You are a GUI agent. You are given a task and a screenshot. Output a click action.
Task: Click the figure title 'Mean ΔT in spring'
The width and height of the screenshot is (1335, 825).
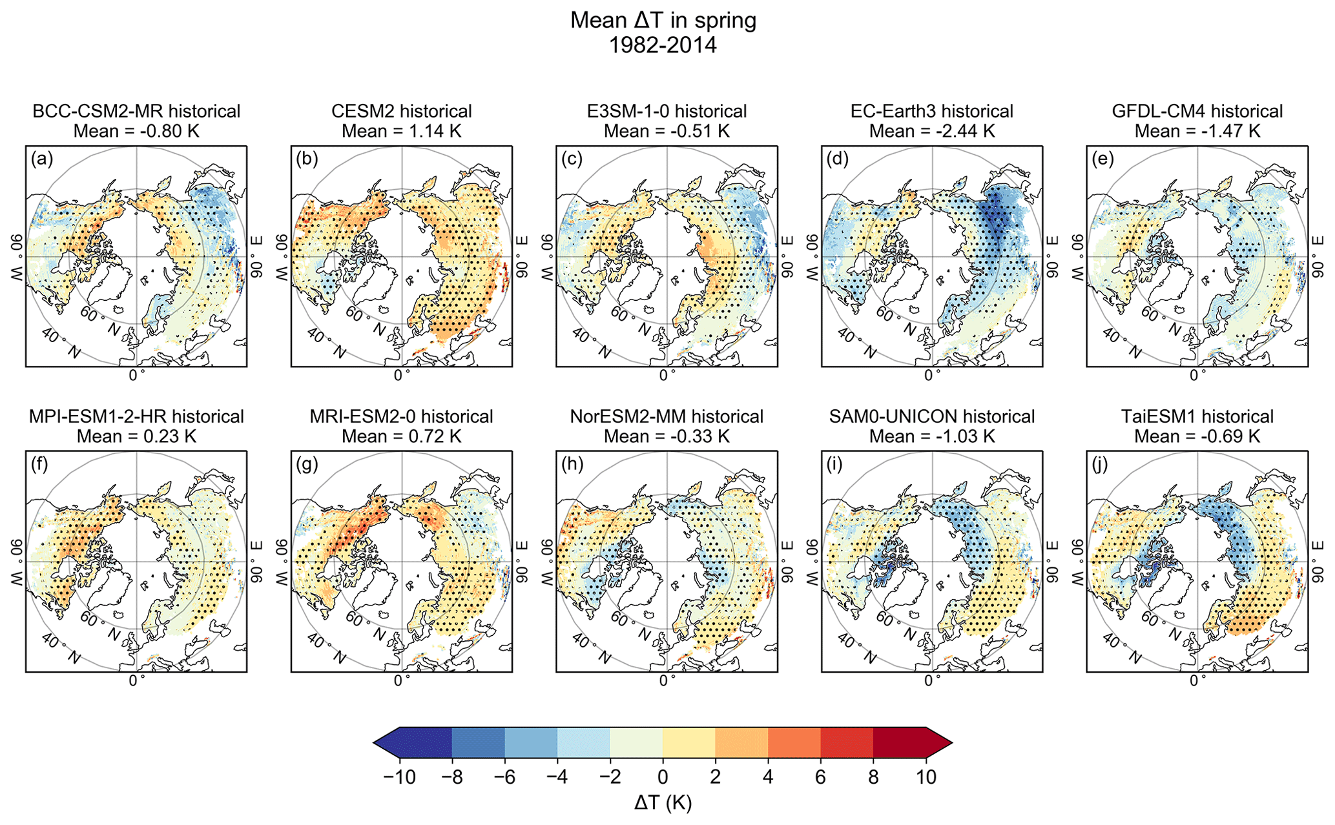(x=663, y=21)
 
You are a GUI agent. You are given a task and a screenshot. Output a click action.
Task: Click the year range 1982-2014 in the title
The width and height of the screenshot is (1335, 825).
(x=663, y=45)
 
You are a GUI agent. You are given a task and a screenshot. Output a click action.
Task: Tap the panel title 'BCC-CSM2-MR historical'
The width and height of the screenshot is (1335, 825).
(x=136, y=111)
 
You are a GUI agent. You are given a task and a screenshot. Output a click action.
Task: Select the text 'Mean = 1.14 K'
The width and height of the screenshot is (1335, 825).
(x=402, y=131)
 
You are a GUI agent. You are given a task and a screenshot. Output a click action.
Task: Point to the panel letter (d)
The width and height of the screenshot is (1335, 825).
(x=838, y=159)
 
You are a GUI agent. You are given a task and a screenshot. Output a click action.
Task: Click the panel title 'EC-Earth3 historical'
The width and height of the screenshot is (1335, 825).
(x=932, y=111)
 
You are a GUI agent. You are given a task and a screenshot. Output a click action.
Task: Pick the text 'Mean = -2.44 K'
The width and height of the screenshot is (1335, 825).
(x=932, y=131)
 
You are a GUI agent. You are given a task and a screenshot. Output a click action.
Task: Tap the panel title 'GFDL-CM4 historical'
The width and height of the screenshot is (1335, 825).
(x=1197, y=111)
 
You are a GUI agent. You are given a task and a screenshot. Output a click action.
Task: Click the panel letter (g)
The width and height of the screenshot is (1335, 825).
(x=307, y=464)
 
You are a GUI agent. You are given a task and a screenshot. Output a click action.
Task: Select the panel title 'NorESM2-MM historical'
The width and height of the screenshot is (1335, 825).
(x=667, y=416)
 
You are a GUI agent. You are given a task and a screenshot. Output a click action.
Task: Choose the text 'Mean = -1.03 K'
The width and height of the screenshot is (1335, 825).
(x=932, y=436)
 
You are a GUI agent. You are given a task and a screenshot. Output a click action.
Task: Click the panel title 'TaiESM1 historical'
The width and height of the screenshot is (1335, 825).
(x=1197, y=416)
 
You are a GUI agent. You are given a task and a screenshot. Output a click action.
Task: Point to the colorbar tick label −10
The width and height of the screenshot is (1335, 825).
(x=399, y=777)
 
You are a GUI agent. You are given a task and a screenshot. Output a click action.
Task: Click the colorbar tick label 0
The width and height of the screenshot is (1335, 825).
(x=663, y=777)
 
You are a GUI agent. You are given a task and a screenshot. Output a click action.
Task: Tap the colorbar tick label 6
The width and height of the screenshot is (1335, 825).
(x=820, y=777)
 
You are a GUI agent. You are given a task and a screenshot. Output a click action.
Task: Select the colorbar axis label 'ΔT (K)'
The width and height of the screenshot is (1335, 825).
(x=663, y=803)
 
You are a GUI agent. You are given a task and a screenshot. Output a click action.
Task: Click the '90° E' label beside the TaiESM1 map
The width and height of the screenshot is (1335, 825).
(x=1318, y=561)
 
